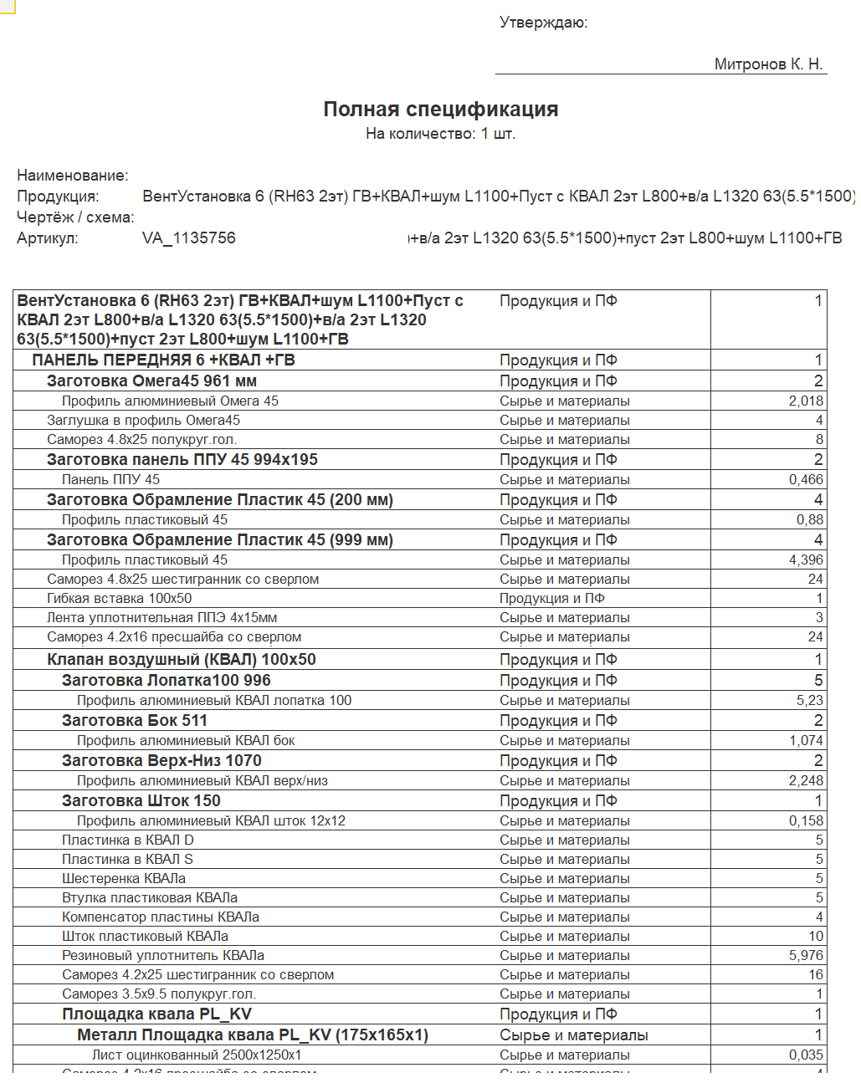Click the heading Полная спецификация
click(441, 110)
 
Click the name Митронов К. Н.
click(768, 64)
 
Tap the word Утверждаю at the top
click(543, 23)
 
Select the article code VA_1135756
click(189, 238)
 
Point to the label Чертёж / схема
click(75, 217)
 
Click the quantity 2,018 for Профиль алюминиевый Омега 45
click(806, 401)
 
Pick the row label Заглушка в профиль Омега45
click(143, 421)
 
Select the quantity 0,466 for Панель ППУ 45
click(806, 480)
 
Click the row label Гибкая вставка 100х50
click(119, 599)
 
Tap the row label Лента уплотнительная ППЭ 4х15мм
click(161, 618)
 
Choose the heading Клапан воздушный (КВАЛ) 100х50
click(182, 660)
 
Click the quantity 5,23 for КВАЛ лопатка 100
click(809, 701)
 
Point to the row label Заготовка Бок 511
click(135, 721)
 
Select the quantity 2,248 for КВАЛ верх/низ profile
click(806, 781)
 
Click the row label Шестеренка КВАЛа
click(124, 879)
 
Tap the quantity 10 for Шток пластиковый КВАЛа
click(816, 937)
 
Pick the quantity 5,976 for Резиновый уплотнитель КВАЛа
click(806, 956)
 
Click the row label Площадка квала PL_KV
click(156, 1014)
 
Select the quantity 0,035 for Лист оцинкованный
click(806, 1055)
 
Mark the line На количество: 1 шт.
click(441, 134)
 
